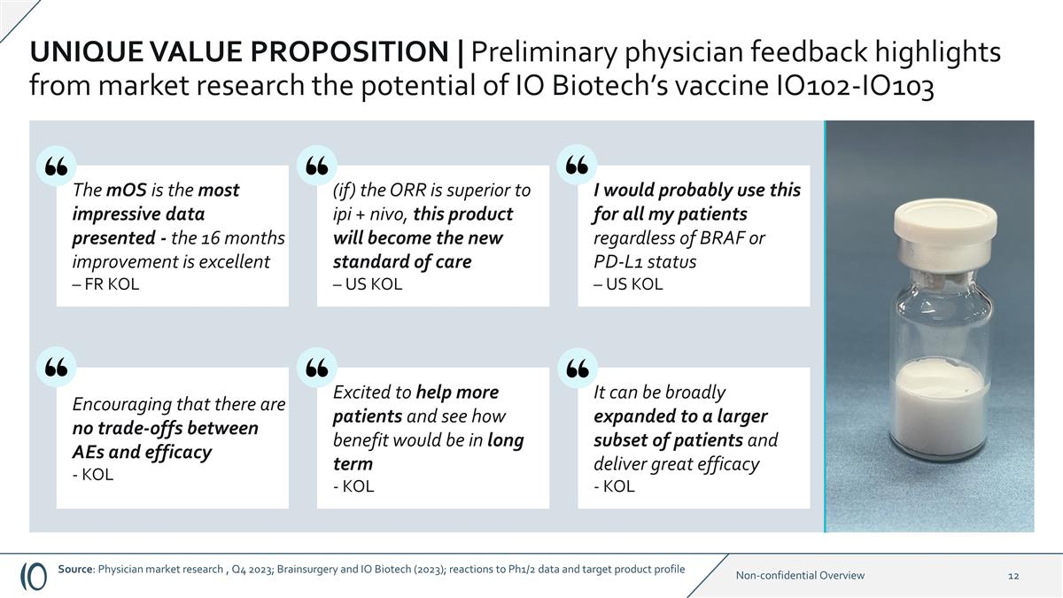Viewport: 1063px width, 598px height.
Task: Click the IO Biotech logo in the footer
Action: (x=34, y=575)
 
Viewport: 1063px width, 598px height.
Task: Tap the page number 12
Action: (x=1013, y=576)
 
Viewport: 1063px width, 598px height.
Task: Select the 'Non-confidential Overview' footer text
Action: (x=800, y=576)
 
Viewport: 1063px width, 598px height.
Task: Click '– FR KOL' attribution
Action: (x=105, y=284)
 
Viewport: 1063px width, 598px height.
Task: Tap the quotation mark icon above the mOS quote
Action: (x=56, y=166)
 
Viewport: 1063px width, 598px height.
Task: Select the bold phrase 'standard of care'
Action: (x=401, y=262)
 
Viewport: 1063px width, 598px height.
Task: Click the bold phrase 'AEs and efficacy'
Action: (x=142, y=452)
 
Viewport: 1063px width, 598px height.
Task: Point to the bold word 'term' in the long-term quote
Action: (x=353, y=464)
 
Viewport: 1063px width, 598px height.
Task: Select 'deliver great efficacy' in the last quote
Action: (x=676, y=464)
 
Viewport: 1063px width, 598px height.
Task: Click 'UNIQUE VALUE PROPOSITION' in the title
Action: (x=238, y=53)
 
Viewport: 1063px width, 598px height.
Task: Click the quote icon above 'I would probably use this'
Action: (x=577, y=166)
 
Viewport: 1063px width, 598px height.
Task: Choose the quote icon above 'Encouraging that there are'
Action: (x=56, y=368)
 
